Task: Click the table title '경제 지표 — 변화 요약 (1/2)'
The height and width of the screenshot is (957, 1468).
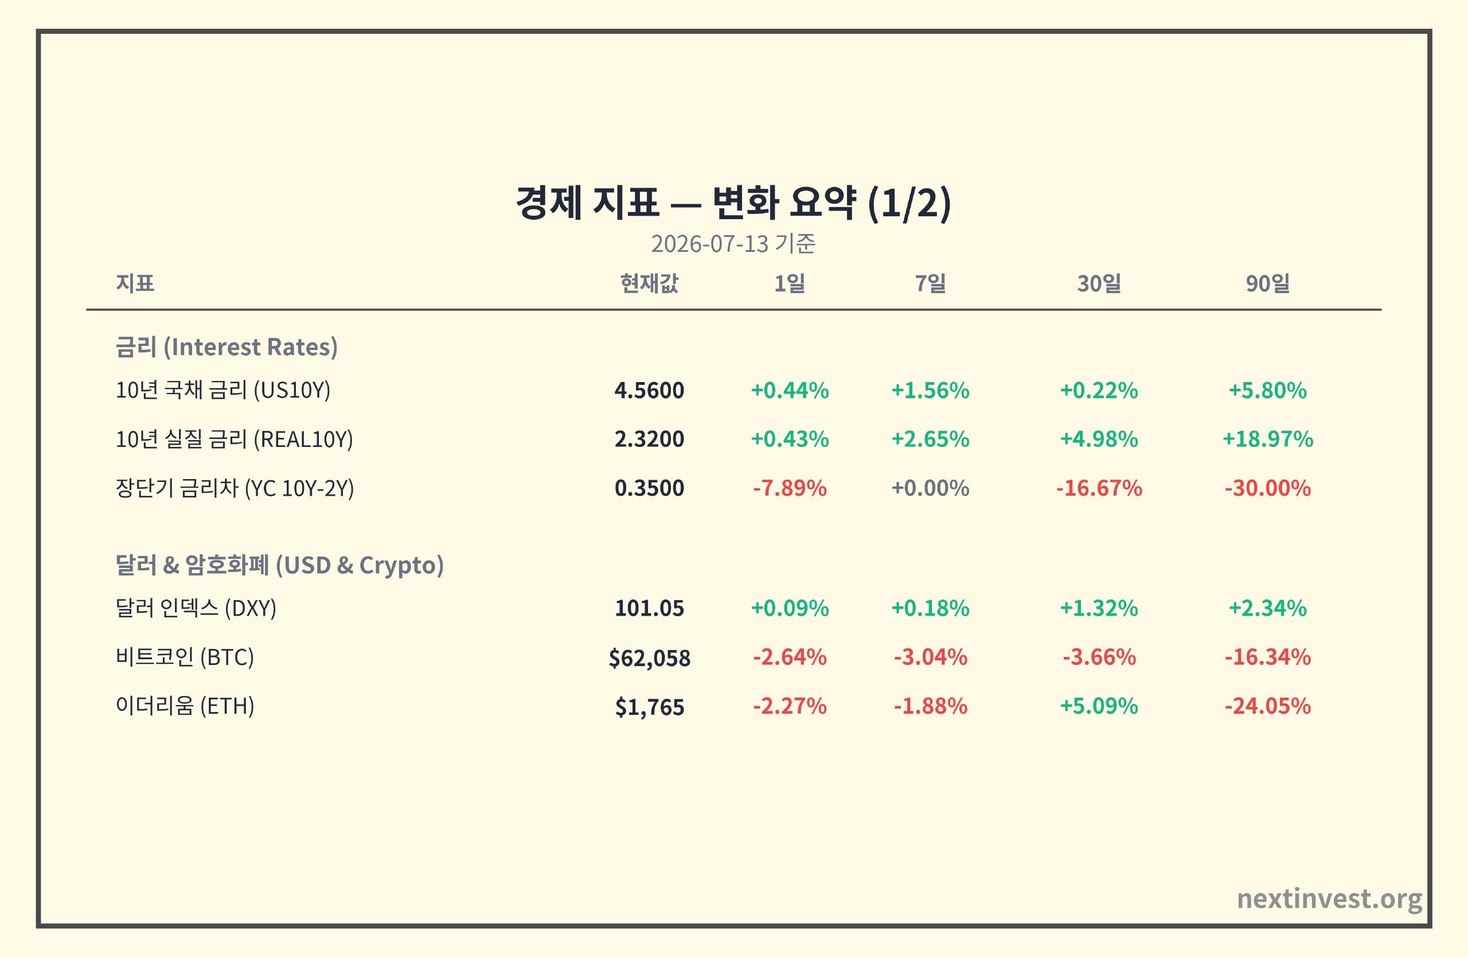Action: [733, 203]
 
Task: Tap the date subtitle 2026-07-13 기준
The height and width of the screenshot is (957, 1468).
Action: [733, 244]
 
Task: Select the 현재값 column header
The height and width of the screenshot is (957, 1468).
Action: [649, 283]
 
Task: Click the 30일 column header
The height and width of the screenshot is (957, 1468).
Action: [1099, 283]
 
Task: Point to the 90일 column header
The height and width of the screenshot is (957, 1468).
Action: [1267, 283]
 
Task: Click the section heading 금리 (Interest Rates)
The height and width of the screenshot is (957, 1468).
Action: [227, 347]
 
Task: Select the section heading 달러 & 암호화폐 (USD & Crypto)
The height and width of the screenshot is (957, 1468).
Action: [279, 565]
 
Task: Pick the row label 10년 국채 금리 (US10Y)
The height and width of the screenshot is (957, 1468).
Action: [222, 390]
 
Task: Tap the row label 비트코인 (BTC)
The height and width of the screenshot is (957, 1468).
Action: [185, 657]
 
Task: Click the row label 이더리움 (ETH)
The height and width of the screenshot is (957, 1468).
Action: [185, 706]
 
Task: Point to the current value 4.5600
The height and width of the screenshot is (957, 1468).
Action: [649, 391]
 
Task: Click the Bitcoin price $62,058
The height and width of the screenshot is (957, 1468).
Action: [649, 658]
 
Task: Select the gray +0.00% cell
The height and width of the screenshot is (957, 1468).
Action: [930, 488]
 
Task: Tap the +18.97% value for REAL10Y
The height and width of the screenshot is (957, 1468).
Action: [1267, 439]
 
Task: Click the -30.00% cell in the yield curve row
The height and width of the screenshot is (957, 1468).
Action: [1267, 488]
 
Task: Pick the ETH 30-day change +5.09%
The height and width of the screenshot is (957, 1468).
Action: [1099, 706]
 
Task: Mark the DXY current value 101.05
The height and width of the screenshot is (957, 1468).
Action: [649, 608]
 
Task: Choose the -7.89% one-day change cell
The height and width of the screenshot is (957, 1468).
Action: [790, 488]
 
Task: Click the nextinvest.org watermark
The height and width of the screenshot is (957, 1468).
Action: [1330, 899]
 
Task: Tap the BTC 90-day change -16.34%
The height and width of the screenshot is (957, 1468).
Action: [1267, 657]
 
